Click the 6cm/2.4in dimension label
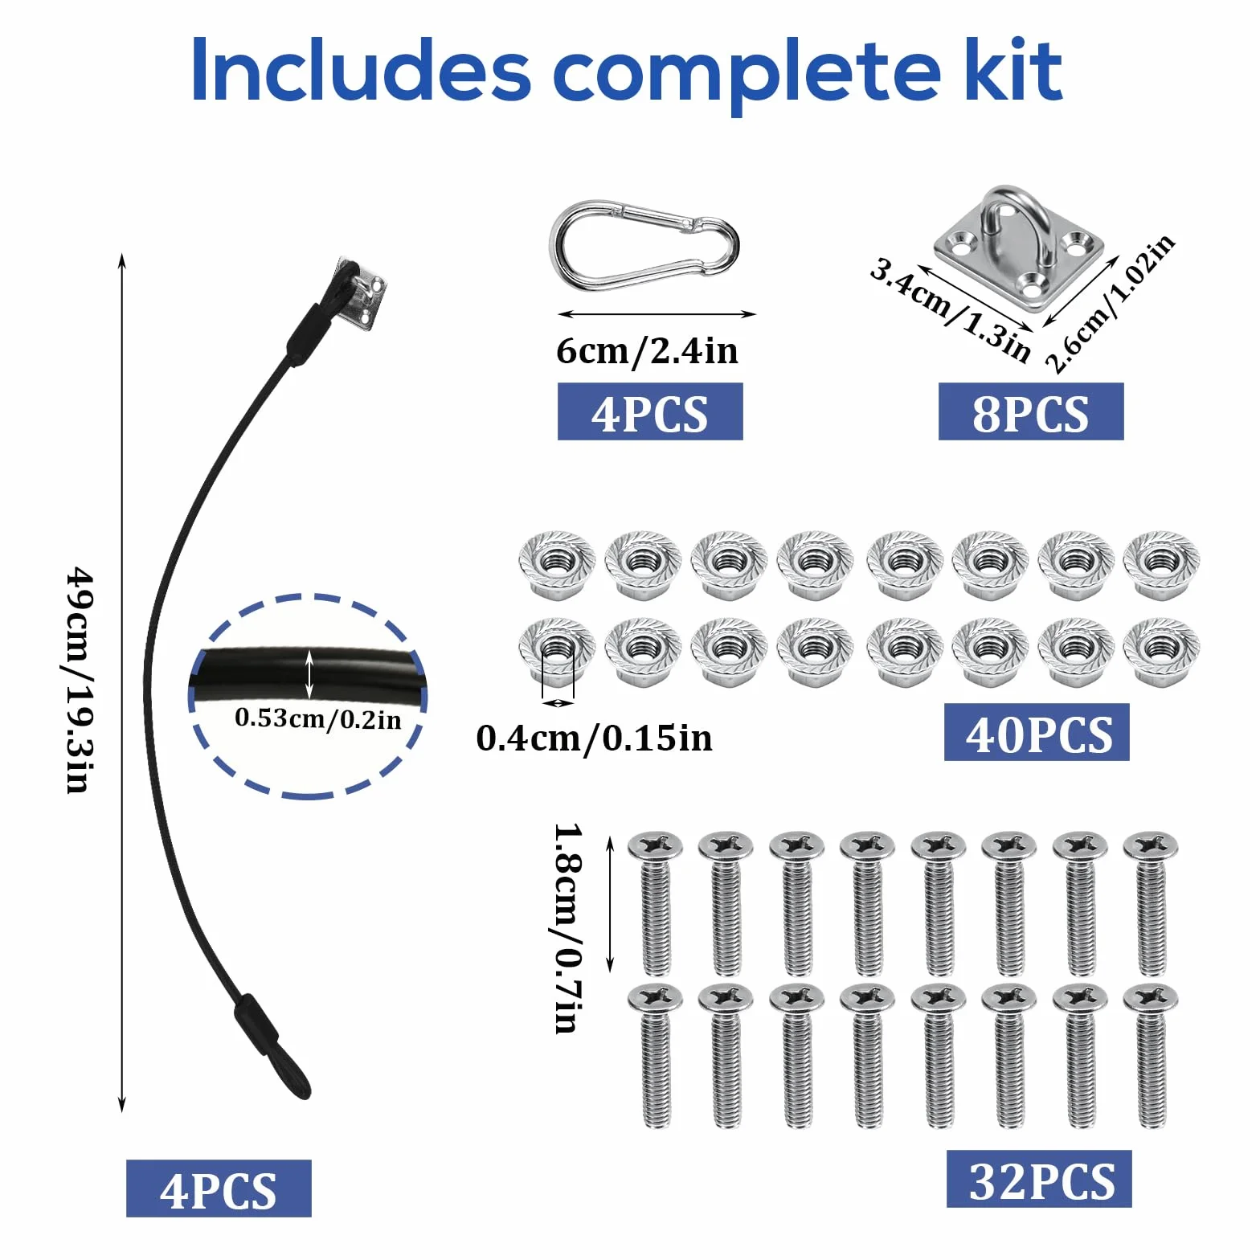point(648,351)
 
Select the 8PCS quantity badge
point(1031,411)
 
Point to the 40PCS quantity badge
point(1037,732)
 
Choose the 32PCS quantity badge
point(1039,1179)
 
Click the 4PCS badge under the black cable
point(219,1188)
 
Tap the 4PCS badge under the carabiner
point(650,411)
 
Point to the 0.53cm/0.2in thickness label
point(318,718)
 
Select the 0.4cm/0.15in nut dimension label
point(595,738)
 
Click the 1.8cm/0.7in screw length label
point(569,927)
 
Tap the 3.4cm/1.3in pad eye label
point(951,309)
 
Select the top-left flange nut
point(557,563)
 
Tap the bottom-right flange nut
point(1161,651)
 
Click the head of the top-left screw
point(655,845)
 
